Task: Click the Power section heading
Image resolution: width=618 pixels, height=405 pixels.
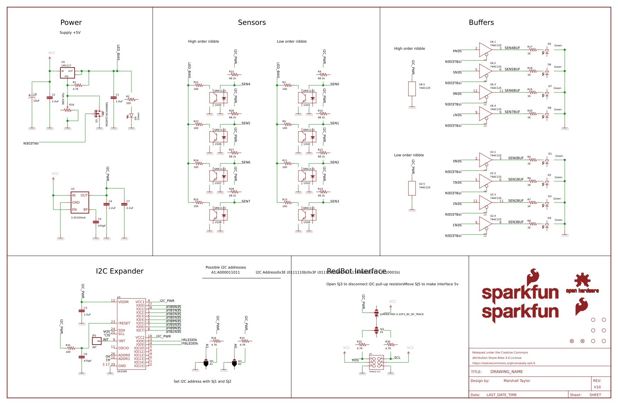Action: pos(71,22)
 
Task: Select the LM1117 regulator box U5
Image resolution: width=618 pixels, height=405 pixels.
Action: pos(67,73)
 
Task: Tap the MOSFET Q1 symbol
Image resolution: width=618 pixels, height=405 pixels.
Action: pos(98,114)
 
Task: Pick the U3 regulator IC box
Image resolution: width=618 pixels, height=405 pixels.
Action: pos(80,202)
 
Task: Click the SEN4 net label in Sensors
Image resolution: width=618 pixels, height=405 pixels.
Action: pos(246,84)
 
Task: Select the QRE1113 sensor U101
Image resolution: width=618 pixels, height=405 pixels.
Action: pos(307,97)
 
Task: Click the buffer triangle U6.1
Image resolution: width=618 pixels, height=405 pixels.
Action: pos(485,50)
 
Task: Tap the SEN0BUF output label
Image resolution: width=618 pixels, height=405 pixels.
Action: pos(516,158)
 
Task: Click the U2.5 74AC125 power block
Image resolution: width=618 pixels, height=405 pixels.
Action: pos(412,188)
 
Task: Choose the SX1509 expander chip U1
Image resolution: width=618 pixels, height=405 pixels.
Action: pos(131,334)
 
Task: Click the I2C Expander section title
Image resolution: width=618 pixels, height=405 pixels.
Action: pos(120,271)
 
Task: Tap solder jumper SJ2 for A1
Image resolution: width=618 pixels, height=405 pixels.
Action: pos(206,363)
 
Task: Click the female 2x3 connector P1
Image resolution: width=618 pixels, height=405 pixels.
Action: pos(376,362)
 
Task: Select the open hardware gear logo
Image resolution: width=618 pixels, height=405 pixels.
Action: pos(582,281)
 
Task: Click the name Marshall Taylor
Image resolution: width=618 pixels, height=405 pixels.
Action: pos(517,381)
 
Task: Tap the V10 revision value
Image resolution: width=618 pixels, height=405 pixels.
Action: pos(597,387)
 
